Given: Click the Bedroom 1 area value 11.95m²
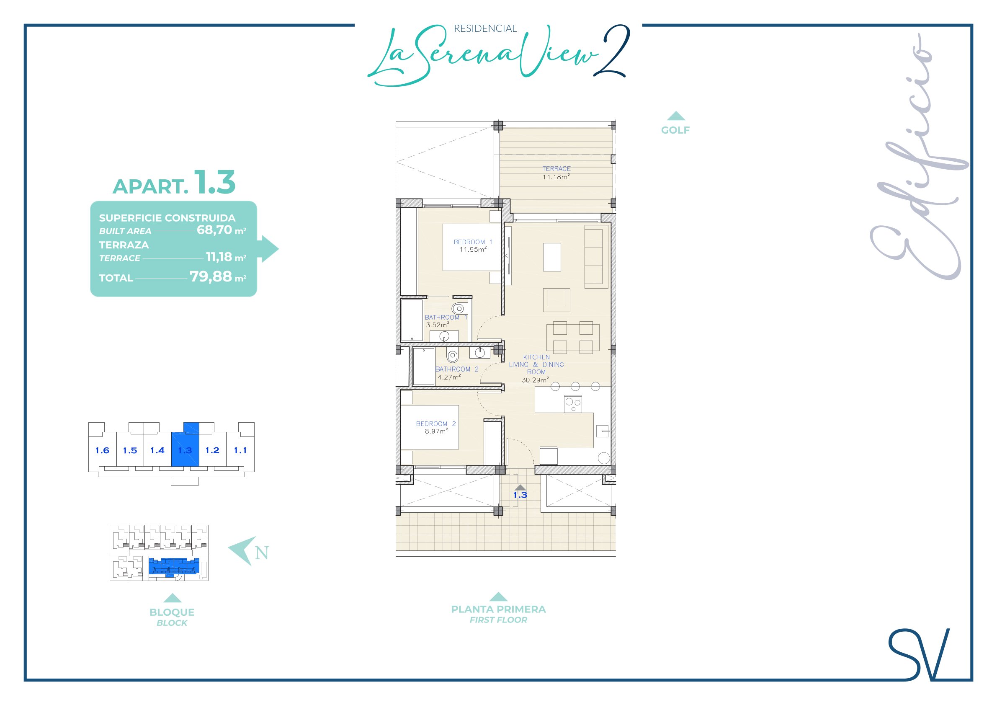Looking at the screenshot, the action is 473,249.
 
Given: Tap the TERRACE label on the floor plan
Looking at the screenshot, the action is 556,168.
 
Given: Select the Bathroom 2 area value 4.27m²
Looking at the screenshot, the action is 449,377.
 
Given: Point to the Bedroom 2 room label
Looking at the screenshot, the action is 436,424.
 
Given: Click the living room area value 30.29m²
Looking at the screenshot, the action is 535,380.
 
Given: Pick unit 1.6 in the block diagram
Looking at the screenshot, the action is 102,450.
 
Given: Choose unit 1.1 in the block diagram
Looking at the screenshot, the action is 240,450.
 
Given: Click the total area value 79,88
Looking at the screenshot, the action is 211,276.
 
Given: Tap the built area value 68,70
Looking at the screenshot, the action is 214,230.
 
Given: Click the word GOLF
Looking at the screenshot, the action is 675,130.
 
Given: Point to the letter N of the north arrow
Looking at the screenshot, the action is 262,553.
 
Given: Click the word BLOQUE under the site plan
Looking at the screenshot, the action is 172,612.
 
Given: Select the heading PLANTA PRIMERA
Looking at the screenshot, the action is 498,609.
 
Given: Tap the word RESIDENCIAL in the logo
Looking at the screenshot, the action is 485,28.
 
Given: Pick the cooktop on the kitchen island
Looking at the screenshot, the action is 573,404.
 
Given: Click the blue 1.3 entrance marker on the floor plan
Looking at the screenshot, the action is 520,495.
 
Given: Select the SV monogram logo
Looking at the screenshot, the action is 919,654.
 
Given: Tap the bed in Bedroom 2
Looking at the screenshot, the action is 430,427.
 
